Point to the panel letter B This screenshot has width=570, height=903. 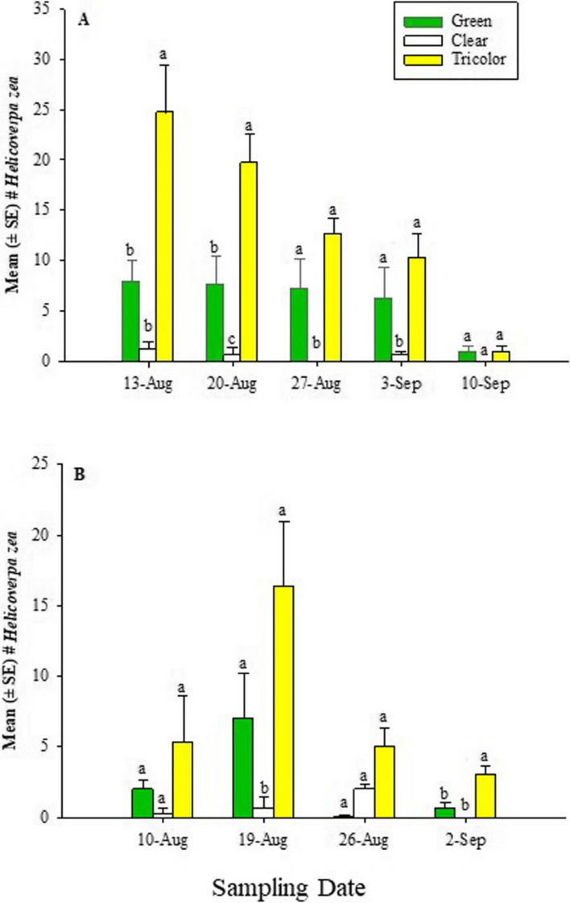click(82, 474)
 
